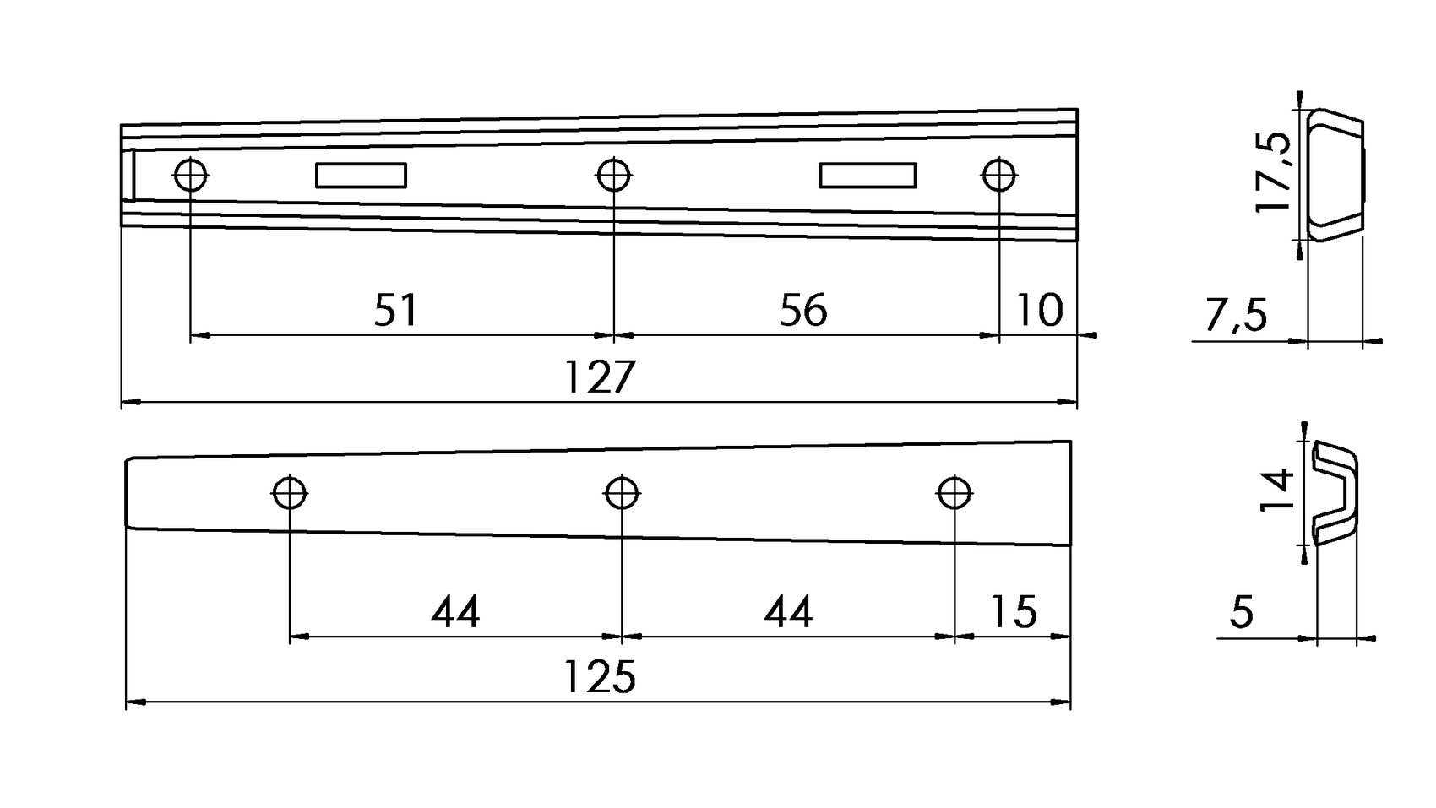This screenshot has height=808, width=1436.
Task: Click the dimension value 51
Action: tap(395, 311)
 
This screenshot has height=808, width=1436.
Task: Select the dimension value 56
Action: tap(803, 311)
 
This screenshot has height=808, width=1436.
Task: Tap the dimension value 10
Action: tap(1038, 311)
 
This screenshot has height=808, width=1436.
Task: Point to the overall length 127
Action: tap(599, 377)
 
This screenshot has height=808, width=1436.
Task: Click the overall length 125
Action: tap(599, 677)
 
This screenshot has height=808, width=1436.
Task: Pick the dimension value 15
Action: tap(1013, 612)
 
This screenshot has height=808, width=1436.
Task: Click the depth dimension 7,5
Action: tap(1236, 317)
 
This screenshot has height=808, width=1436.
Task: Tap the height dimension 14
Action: tap(1277, 491)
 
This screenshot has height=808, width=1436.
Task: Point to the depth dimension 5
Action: tap(1241, 612)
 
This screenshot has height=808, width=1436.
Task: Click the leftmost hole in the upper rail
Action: tap(191, 176)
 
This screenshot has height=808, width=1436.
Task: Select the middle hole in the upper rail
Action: tap(614, 176)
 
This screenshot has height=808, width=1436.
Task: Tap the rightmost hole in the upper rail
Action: tap(999, 176)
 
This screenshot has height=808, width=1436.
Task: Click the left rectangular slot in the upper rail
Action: tap(361, 176)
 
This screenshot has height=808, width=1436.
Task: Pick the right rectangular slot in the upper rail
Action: tap(868, 176)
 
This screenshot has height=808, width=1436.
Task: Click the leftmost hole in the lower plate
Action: tap(290, 492)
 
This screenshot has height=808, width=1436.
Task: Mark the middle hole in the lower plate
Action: tap(623, 492)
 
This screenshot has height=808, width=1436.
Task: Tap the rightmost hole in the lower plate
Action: tap(955, 492)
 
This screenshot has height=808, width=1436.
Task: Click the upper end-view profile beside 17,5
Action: tap(1335, 175)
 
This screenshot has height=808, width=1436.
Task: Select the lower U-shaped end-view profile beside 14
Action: tap(1336, 492)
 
